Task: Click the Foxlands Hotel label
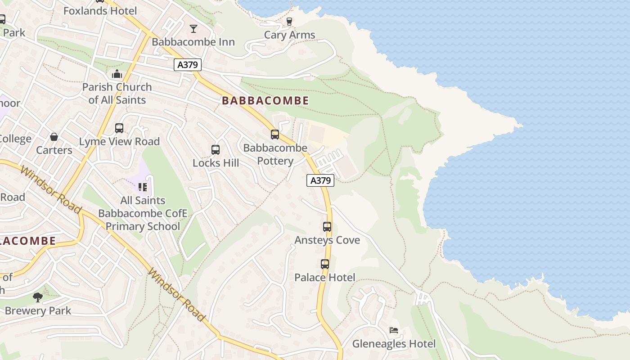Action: (x=100, y=11)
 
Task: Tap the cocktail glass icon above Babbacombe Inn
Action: (x=193, y=29)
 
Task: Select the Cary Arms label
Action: (x=289, y=35)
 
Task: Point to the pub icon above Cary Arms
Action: (x=289, y=21)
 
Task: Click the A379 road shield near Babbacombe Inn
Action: (x=188, y=65)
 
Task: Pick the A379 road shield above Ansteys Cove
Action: (x=320, y=180)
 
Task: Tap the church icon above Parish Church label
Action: (x=117, y=74)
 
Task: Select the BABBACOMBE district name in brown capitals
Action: (x=265, y=101)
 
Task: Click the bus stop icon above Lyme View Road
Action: (x=119, y=128)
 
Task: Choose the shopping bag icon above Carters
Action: (x=54, y=137)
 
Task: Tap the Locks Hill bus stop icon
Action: (x=216, y=150)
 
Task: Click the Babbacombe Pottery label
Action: (x=275, y=154)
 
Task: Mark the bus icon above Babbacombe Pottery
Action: (x=275, y=135)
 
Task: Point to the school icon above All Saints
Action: (x=143, y=187)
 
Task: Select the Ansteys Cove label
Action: (x=327, y=240)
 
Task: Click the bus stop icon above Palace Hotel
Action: (x=325, y=264)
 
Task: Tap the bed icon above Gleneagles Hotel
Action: (x=394, y=330)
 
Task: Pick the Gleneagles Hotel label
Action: (x=394, y=344)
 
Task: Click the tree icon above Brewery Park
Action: (x=38, y=297)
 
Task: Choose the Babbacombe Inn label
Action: (x=193, y=42)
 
